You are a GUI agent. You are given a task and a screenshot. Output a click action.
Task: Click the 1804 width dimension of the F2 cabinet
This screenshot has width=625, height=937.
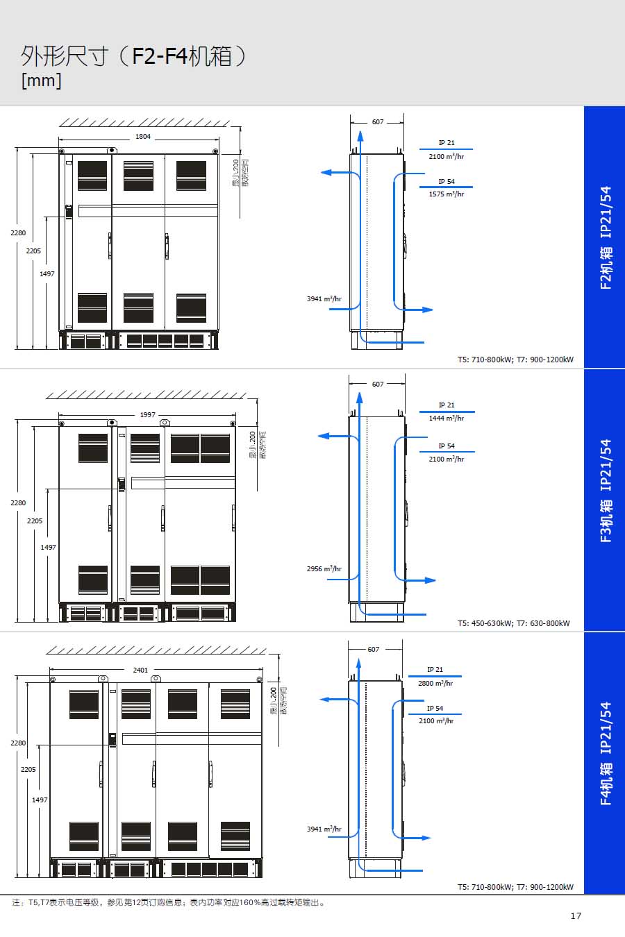click(142, 137)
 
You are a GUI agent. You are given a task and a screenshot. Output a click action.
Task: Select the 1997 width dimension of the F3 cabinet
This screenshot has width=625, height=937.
click(148, 415)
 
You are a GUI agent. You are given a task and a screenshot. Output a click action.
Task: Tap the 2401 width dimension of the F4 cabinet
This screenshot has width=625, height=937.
click(140, 670)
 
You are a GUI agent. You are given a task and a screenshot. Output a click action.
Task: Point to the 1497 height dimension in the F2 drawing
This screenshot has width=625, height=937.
click(47, 274)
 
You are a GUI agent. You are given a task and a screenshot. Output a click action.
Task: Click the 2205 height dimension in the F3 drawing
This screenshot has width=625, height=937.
click(35, 521)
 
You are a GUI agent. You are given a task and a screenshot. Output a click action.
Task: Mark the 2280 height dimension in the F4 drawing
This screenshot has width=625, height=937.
click(18, 743)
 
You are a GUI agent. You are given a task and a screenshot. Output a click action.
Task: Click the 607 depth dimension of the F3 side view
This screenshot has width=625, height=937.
click(378, 384)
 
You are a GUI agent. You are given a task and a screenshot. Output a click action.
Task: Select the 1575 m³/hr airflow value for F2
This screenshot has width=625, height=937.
click(446, 194)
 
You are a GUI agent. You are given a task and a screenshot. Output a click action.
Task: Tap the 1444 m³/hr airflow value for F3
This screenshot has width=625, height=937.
click(446, 419)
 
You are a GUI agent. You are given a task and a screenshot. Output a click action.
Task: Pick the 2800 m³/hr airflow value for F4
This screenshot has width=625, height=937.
click(435, 684)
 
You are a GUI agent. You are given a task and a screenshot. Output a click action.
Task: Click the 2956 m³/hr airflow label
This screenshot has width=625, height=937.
click(324, 569)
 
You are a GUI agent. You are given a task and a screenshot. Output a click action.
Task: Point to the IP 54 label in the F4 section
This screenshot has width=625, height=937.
click(435, 709)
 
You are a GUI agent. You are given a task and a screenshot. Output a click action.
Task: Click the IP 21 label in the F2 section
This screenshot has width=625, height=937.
click(447, 143)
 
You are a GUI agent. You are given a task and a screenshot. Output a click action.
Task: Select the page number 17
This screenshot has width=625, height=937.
click(576, 916)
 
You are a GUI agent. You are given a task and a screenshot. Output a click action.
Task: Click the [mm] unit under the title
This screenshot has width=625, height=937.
click(42, 81)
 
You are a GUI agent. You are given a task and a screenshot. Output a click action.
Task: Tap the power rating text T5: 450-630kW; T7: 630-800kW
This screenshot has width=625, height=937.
click(513, 623)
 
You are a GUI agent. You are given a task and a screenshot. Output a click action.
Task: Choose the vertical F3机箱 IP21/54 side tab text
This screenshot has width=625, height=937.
click(606, 491)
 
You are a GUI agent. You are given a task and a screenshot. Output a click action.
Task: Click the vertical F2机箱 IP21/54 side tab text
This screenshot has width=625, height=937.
click(606, 237)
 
